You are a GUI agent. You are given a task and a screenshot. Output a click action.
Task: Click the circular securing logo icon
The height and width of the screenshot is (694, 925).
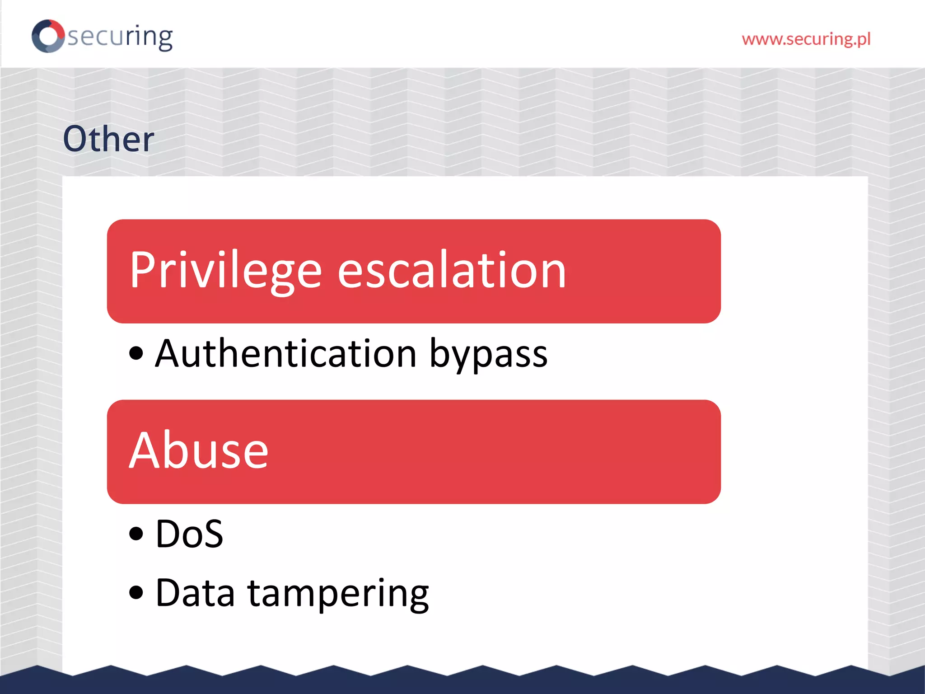point(48,36)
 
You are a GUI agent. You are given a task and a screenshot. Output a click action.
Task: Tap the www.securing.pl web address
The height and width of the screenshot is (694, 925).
point(806,39)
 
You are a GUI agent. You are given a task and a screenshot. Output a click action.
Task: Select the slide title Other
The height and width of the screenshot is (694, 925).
point(108,139)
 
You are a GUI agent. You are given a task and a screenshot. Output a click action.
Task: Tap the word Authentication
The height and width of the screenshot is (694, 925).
point(285,354)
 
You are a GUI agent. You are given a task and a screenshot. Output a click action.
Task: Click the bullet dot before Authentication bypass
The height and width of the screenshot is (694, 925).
point(136,353)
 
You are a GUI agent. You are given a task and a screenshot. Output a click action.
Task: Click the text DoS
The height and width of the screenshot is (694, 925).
point(189,534)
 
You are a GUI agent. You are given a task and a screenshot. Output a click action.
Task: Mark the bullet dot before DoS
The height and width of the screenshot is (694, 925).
point(136,534)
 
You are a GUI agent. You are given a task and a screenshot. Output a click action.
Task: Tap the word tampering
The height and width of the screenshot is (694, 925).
point(338,594)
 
